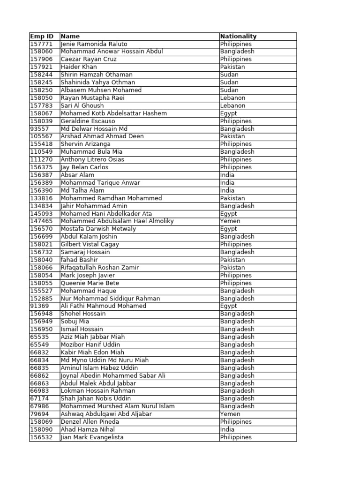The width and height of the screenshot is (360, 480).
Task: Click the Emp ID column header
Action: (42, 36)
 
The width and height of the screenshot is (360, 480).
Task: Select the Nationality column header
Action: (238, 36)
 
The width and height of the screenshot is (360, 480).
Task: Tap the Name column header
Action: (70, 36)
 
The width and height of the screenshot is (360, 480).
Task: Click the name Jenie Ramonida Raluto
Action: (94, 44)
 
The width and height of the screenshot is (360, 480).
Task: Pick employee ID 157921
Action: (42, 67)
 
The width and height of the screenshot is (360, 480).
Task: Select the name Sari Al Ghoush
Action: (82, 105)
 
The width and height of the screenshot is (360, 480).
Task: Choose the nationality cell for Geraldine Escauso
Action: (236, 121)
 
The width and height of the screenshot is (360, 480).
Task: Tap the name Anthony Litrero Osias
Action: (90, 159)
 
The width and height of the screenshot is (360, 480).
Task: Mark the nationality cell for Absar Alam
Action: (227, 175)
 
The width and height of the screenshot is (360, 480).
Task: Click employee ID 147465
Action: (42, 221)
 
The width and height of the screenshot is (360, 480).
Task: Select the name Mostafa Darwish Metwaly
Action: (98, 229)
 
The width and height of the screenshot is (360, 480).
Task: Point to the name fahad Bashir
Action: (79, 260)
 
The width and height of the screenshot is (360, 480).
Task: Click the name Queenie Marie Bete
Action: (90, 283)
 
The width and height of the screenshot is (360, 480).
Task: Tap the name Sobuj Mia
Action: (75, 322)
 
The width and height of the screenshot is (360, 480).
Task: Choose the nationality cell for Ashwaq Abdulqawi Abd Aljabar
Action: (230, 414)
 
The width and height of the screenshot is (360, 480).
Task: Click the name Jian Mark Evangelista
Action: (92, 437)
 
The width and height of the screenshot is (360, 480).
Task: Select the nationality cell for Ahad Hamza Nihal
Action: (227, 429)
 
